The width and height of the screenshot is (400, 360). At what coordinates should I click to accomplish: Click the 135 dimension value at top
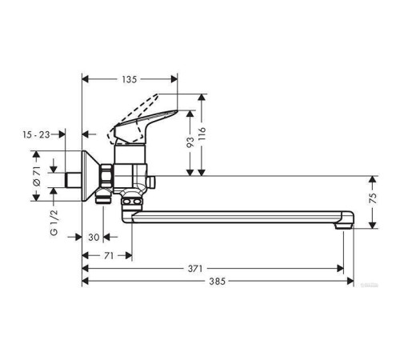click(x=130, y=79)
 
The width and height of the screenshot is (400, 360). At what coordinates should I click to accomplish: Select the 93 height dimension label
click(x=190, y=142)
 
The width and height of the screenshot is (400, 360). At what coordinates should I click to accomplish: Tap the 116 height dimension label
click(x=202, y=134)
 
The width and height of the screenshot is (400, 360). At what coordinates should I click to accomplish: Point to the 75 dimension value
click(x=374, y=198)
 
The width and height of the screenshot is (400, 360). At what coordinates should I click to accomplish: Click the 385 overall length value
click(x=217, y=282)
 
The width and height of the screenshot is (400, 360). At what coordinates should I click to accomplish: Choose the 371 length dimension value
click(x=195, y=269)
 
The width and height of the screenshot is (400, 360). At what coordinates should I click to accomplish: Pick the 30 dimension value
click(x=94, y=237)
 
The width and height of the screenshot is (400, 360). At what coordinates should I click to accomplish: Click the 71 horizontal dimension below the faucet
click(x=109, y=256)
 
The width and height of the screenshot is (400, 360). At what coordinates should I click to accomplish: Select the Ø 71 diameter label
click(x=37, y=175)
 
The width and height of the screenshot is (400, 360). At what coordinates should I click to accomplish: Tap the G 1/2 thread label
click(x=54, y=222)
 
